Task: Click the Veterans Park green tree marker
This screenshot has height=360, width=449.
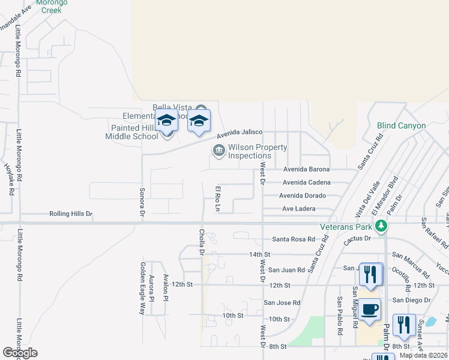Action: [x=380, y=226]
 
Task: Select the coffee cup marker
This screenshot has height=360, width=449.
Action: [x=370, y=310]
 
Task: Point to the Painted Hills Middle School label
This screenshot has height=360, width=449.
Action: [x=134, y=132]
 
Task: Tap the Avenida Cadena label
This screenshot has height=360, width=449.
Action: [x=306, y=182]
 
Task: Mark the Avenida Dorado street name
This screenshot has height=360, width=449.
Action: [x=303, y=196]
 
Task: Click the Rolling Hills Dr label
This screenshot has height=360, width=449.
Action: [x=71, y=214]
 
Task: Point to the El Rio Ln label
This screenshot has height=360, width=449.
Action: [x=218, y=199]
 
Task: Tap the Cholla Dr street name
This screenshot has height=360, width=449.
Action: [x=202, y=241]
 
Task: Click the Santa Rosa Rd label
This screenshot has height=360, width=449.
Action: [x=294, y=239]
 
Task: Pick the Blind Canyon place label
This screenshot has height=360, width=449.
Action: [x=401, y=126]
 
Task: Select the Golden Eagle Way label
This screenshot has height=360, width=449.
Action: [x=143, y=289]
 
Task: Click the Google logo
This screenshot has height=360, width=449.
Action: [x=20, y=353]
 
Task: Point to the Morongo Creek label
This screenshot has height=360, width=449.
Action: [x=52, y=6]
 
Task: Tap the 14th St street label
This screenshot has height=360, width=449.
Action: [x=261, y=254]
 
